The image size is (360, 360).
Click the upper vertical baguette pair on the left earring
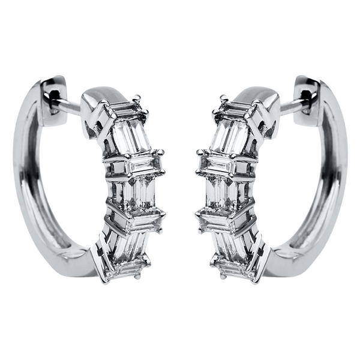(131, 137)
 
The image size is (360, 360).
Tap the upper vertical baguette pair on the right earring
(229, 137)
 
